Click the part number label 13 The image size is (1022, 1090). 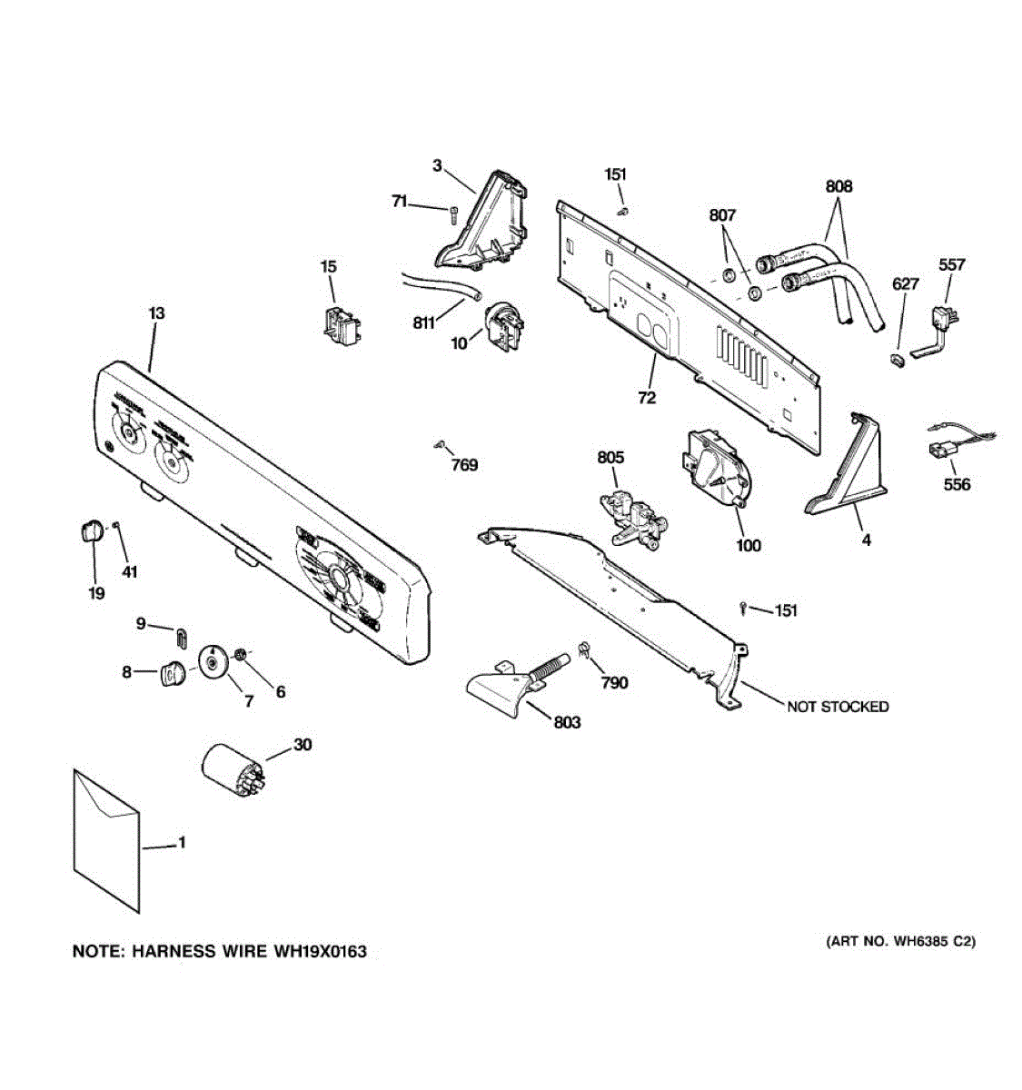(156, 313)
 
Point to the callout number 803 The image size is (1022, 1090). (567, 722)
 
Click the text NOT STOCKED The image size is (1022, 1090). (838, 707)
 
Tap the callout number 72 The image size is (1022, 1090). (647, 398)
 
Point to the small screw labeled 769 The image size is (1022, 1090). (440, 445)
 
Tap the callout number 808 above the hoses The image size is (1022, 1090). (838, 186)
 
